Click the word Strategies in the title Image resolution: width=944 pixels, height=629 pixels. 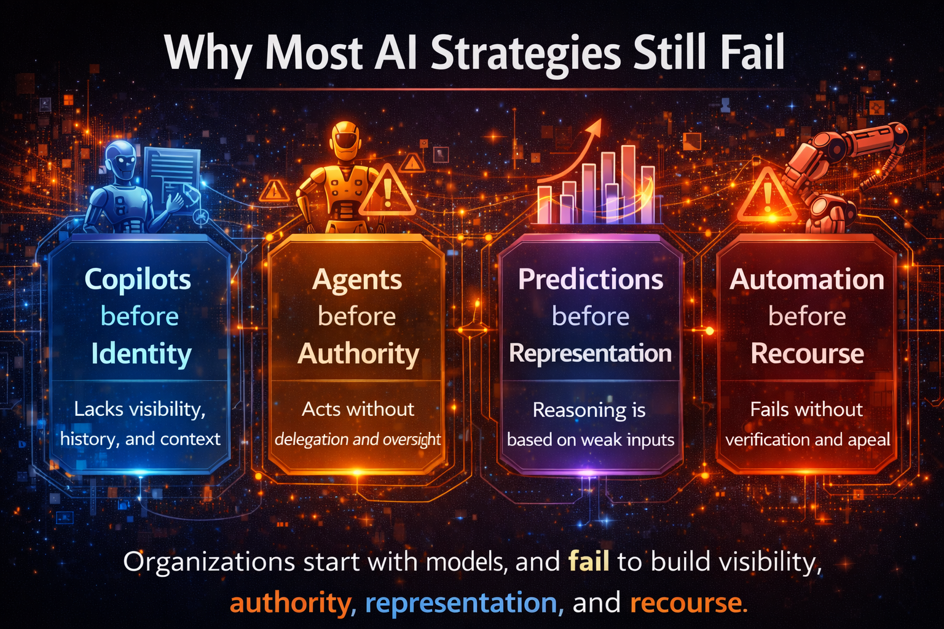(525, 54)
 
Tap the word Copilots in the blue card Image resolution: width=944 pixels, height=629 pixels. (138, 279)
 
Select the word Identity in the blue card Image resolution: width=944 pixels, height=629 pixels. (141, 354)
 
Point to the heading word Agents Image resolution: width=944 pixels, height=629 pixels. (357, 280)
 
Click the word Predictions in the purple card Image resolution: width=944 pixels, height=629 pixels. (591, 279)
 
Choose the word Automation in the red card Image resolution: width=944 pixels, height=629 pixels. (807, 279)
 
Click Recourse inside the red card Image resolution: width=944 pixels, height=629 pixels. (807, 354)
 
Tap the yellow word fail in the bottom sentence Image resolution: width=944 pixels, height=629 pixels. (589, 561)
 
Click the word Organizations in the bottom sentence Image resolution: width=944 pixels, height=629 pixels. (209, 562)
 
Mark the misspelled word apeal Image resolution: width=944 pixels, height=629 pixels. (869, 440)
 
